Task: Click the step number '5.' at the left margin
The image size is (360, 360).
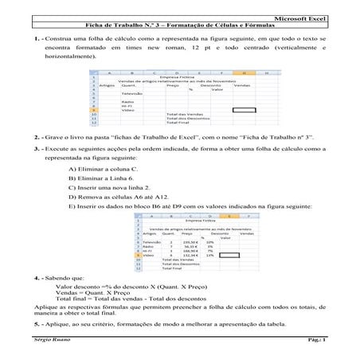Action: click(x=29, y=325)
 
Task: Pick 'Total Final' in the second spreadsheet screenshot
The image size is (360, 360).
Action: click(x=174, y=269)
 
